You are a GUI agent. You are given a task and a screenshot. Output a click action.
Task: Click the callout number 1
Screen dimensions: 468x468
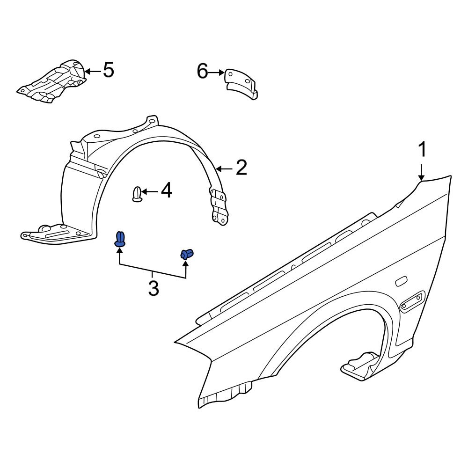[422, 150]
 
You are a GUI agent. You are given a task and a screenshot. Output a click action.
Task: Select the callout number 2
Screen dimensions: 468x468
[241, 168]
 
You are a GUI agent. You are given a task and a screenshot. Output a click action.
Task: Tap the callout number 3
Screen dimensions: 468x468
[154, 288]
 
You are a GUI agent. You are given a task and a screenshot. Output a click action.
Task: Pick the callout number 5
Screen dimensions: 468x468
[108, 71]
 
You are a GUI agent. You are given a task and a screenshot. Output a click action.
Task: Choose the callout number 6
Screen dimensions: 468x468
[202, 72]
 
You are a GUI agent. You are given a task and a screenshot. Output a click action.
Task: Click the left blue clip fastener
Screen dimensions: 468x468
[120, 239]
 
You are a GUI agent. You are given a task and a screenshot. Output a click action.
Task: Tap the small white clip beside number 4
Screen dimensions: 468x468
[137, 194]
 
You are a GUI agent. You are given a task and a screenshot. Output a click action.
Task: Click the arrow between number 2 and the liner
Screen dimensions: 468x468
[224, 168]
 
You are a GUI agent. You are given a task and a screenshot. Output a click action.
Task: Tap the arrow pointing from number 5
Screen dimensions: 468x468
[92, 71]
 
